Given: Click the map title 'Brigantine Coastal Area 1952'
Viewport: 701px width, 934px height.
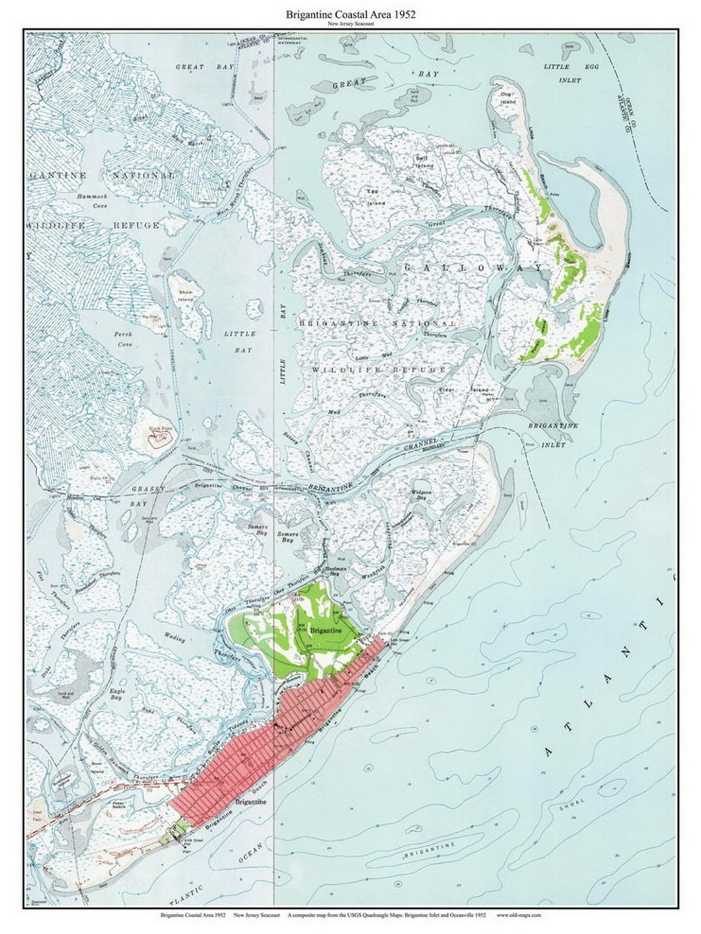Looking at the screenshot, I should point(350,14).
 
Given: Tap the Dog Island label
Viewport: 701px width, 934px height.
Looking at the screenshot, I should point(508,98).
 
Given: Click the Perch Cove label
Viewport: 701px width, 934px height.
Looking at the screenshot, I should point(123,339).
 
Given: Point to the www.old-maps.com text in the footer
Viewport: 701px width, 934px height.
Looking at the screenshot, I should point(518,915).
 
